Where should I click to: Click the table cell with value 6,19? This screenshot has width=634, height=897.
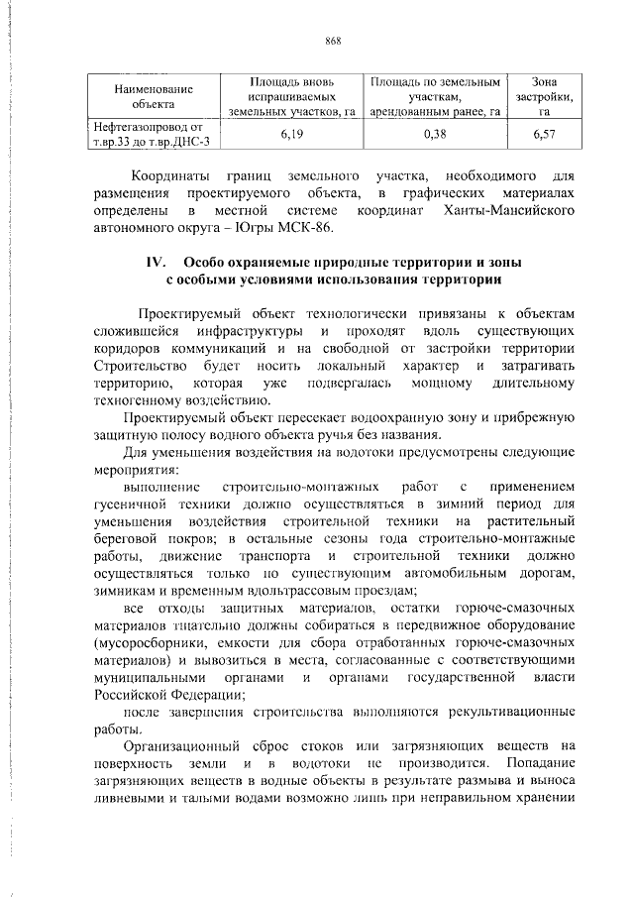[x=290, y=132]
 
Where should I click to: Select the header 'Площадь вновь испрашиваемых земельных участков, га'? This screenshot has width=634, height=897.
[x=290, y=95]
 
